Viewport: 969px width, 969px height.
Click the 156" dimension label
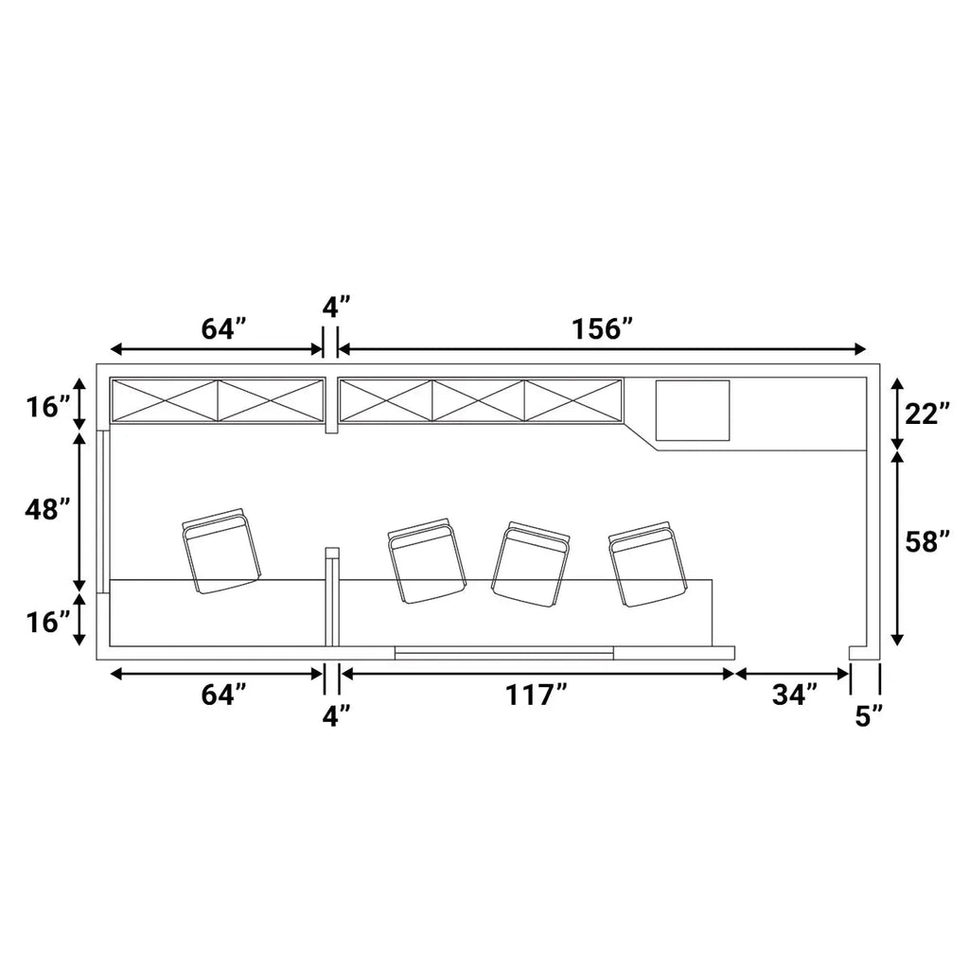pos(603,329)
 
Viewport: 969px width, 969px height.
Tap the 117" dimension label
pos(537,696)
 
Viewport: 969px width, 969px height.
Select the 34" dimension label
pos(795,696)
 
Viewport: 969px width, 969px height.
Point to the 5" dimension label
pos(870,717)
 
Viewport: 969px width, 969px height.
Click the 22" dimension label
pos(927,415)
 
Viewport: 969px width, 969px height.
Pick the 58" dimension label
pos(927,542)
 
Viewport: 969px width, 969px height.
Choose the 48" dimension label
pos(47,510)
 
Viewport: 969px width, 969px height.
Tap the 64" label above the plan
pos(224,329)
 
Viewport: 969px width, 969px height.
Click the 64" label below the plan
pos(224,696)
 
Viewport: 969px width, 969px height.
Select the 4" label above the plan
pos(336,308)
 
